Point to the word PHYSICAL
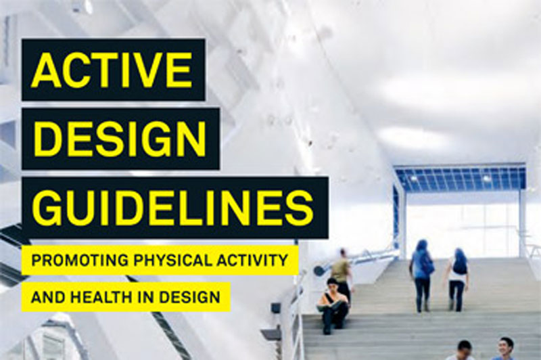pyautogui.click(x=162, y=260)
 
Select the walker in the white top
pyautogui.click(x=458, y=274)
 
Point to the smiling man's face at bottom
pyautogui.click(x=505, y=347)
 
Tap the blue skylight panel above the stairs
pyautogui.click(x=460, y=178)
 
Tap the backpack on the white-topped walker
pyautogui.click(x=460, y=265)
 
